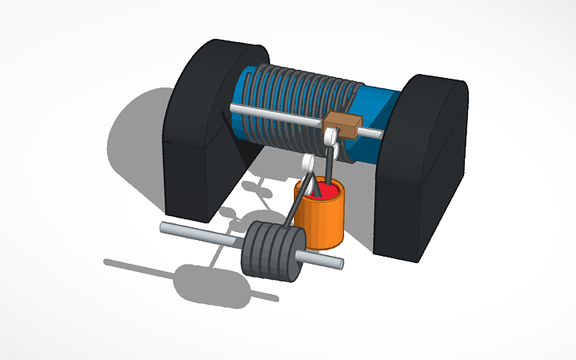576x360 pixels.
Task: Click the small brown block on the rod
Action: click(340, 125)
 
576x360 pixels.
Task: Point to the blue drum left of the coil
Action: click(246, 87)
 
